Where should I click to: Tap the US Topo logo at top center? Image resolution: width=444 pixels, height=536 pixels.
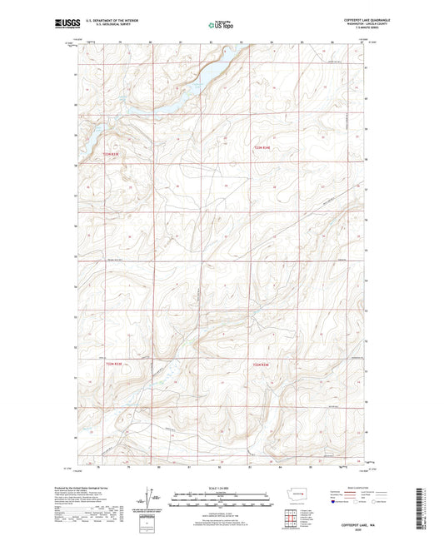(221, 26)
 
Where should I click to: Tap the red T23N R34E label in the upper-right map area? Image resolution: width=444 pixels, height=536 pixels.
(262, 148)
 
